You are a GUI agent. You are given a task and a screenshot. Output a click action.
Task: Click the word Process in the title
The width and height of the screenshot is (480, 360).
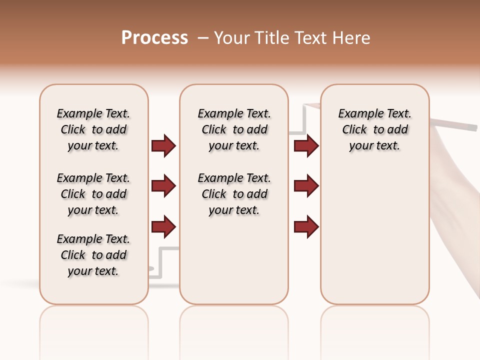coord(154,38)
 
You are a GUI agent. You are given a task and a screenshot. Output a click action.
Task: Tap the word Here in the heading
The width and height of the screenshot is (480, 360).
coord(352,38)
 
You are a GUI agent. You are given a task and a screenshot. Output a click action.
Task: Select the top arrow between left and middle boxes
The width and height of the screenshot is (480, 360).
coord(163,145)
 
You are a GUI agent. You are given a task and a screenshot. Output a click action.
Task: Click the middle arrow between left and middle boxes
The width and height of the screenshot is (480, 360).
coord(163,186)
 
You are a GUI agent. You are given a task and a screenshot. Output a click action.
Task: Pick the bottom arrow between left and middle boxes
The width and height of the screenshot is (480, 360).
coord(163,226)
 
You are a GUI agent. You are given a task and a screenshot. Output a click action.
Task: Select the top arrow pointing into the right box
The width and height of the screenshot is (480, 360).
coord(306,145)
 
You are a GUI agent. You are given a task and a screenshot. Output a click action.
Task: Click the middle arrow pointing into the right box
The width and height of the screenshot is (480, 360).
coord(306,186)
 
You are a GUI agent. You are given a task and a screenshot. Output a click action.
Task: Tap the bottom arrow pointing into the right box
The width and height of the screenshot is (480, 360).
coord(306,226)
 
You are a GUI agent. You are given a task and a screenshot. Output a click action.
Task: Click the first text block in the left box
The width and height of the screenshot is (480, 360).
coord(93,129)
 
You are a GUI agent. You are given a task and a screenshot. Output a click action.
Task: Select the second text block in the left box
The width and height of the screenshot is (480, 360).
coord(93,194)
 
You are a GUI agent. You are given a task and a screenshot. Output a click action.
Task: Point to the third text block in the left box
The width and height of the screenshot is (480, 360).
coord(93,255)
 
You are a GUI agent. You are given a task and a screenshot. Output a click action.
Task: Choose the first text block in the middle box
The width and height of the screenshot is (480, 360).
coord(234,129)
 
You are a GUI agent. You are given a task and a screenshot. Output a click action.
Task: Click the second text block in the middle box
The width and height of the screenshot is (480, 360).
coord(234,194)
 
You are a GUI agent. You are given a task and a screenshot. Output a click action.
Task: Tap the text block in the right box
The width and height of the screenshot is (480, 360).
coord(374,129)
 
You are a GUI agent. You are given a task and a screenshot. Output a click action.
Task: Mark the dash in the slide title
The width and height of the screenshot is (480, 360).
coord(203,38)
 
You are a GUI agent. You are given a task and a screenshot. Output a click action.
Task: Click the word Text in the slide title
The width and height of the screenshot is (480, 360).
coord(311,38)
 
